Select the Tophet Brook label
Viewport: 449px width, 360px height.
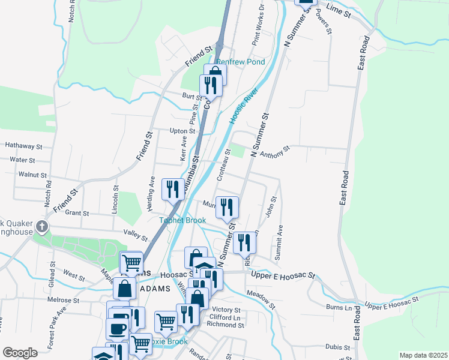click(x=182, y=220)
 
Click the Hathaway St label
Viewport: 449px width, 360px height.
click(x=23, y=146)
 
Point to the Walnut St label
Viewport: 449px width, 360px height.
click(x=32, y=175)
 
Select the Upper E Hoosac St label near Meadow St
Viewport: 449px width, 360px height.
click(x=283, y=275)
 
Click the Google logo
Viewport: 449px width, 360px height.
click(x=20, y=353)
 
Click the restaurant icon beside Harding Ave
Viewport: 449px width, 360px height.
click(x=172, y=189)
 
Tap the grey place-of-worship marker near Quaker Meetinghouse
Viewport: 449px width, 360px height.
click(x=41, y=226)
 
